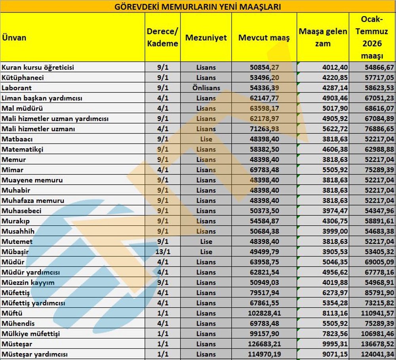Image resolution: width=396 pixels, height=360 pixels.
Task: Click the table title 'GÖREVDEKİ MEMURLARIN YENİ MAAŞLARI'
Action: click(198, 7)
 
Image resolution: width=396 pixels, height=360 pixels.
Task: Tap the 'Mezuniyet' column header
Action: click(206, 38)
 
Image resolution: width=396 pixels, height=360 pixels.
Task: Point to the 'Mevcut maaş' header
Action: click(264, 38)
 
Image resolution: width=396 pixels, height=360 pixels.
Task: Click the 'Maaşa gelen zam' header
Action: click(323, 37)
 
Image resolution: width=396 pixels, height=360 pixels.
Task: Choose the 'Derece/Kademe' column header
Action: click(162, 38)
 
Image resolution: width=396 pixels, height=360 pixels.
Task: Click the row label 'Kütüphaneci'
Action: click(23, 78)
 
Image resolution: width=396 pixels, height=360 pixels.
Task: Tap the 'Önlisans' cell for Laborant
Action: click(206, 88)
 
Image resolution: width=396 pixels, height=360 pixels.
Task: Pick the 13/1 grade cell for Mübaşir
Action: click(162, 252)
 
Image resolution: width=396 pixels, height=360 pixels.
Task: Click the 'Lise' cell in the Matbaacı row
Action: click(206, 139)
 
